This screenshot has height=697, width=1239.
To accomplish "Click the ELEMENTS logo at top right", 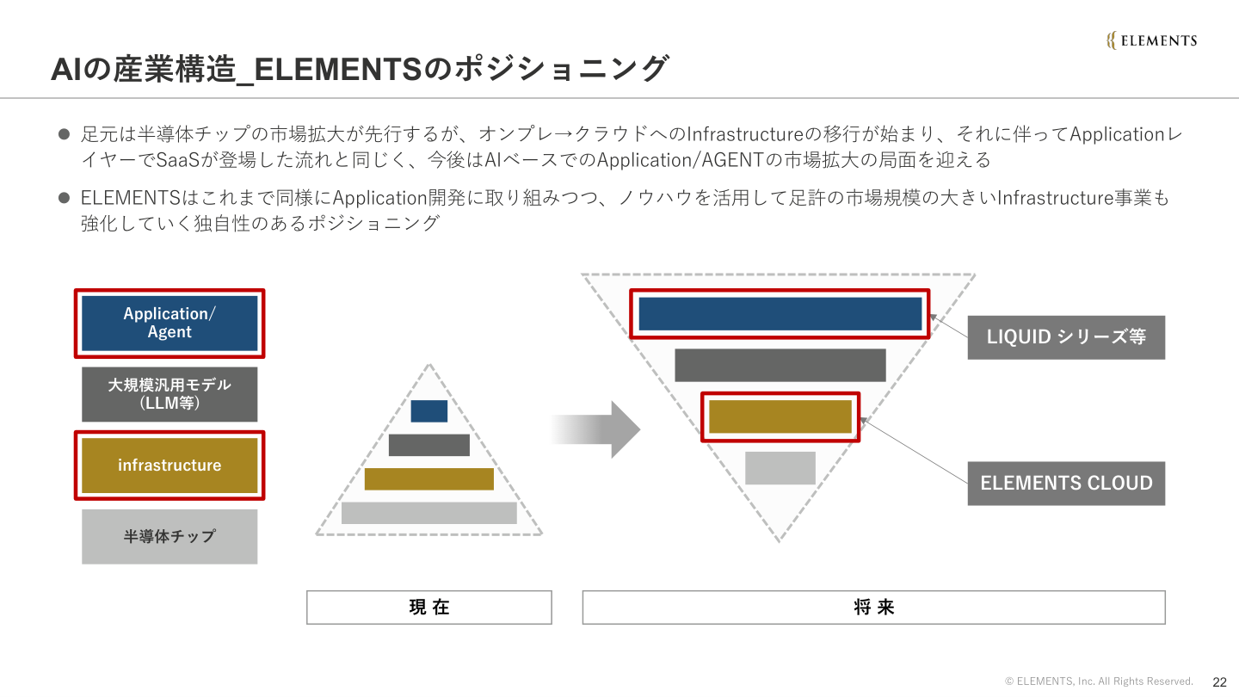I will (1151, 40).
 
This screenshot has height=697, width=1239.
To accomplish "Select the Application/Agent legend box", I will (170, 324).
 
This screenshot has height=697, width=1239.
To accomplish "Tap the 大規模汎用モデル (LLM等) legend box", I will (170, 394).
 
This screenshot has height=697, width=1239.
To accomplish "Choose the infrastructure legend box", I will (170, 466).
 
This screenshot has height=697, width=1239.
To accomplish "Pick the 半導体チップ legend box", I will (170, 536).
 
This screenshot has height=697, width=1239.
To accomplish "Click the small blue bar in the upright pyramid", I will (429, 411).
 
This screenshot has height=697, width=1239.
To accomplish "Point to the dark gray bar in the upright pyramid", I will (429, 445).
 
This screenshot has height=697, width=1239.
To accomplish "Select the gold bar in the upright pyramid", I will (429, 479).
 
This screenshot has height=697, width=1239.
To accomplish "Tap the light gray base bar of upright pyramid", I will (429, 513).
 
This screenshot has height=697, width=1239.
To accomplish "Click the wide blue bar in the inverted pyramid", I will (780, 314).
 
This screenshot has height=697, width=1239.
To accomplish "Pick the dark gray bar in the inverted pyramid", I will (780, 365).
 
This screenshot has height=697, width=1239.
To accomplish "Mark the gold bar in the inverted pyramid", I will (780, 416).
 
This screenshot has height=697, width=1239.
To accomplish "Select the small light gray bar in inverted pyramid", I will (780, 468).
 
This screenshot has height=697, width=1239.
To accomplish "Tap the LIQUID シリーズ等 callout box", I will (1066, 337).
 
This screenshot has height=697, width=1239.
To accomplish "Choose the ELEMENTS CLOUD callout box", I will (1066, 484).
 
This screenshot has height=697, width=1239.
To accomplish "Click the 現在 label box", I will (429, 608).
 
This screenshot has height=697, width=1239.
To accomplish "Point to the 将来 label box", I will (873, 608).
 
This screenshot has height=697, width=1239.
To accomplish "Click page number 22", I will (1219, 682).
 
